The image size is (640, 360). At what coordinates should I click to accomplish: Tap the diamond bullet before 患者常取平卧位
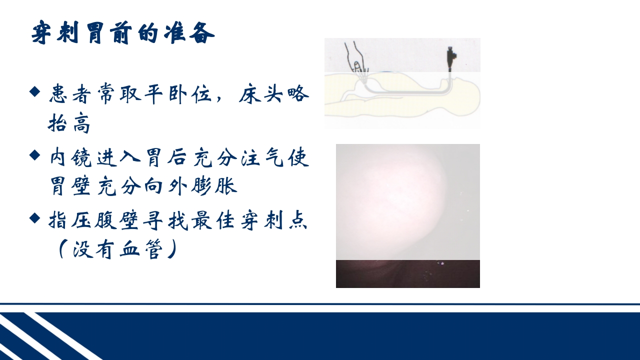pos(34,91)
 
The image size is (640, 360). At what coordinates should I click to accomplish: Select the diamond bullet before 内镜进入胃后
pos(34,155)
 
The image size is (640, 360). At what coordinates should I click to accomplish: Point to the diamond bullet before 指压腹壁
pos(34,218)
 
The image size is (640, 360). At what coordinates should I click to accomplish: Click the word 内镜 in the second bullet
pos(70,157)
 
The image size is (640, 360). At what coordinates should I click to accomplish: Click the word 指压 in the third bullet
pos(70,220)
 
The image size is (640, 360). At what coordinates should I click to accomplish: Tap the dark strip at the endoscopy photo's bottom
pos(407,273)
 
